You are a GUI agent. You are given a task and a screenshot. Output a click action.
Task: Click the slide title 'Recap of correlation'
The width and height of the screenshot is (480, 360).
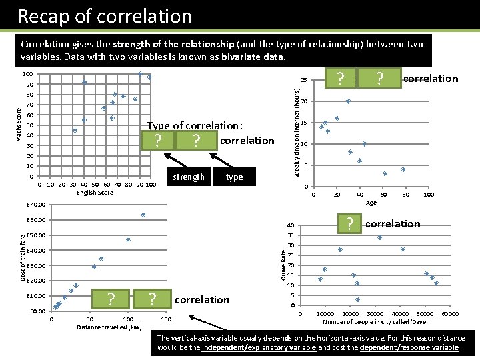pyautogui.click(x=105, y=16)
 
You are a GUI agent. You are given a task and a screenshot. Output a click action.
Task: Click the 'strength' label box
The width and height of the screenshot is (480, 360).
pyautogui.click(x=189, y=177)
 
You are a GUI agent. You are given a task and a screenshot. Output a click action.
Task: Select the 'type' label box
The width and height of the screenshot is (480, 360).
pyautogui.click(x=234, y=177)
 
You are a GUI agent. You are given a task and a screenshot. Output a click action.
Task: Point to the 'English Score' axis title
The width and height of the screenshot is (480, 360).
pyautogui.click(x=95, y=193)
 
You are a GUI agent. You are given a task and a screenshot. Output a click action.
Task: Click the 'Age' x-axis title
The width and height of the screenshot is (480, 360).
pyautogui.click(x=371, y=203)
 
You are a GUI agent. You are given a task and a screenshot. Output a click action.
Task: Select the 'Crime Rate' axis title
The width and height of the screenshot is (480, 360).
pyautogui.click(x=283, y=264)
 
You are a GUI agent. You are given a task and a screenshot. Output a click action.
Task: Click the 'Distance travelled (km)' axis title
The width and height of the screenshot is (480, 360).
pyautogui.click(x=109, y=327)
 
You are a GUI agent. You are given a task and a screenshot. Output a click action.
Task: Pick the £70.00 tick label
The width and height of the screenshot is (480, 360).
pyautogui.click(x=35, y=205)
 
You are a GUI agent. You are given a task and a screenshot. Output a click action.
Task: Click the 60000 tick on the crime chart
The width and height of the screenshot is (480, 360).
pyautogui.click(x=451, y=314)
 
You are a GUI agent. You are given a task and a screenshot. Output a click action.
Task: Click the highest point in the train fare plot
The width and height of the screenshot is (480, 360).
pyautogui.click(x=143, y=215)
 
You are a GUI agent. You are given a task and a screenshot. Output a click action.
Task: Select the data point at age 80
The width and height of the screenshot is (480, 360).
pyautogui.click(x=403, y=169)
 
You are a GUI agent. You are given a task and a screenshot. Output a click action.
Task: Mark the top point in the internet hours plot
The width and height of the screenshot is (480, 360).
pyautogui.click(x=348, y=101)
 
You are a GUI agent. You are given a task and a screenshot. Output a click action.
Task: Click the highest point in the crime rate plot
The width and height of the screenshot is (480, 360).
pyautogui.click(x=379, y=237)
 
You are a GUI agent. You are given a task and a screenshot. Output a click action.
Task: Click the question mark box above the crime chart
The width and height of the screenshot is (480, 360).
pyautogui.click(x=349, y=224)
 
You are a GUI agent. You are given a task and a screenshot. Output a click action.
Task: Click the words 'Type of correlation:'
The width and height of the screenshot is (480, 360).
pyautogui.click(x=195, y=126)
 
